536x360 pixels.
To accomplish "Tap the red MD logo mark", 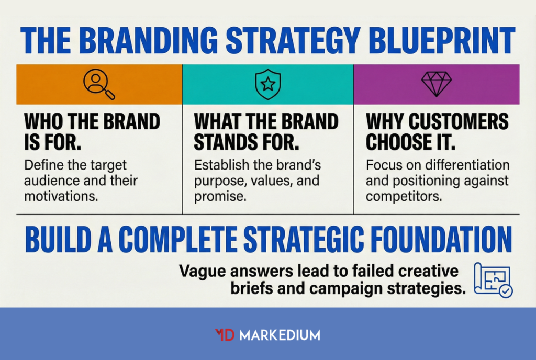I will pyautogui.click(x=225, y=335).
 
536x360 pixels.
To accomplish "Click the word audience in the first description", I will pyautogui.click(x=53, y=182).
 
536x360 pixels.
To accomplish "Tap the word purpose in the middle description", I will pyautogui.click(x=217, y=182).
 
